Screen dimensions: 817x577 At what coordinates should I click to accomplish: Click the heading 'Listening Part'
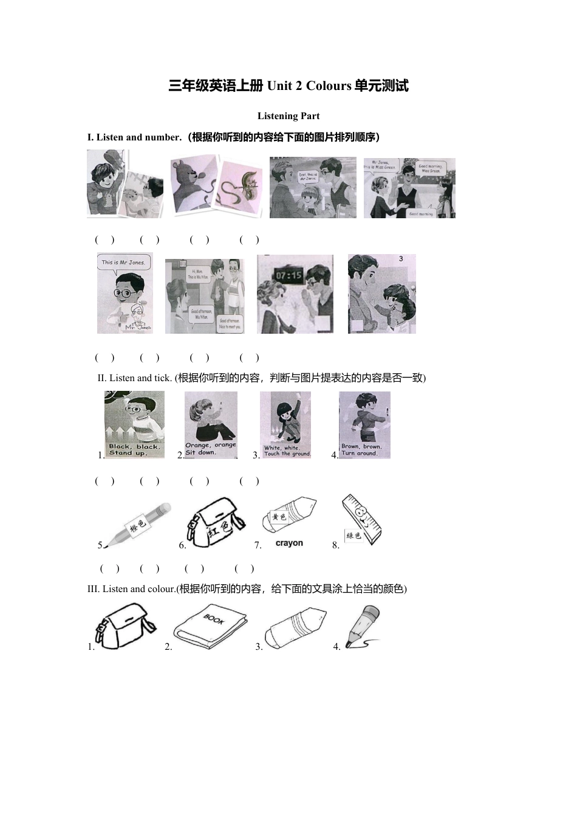288,116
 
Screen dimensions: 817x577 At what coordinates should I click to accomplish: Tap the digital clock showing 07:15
289,275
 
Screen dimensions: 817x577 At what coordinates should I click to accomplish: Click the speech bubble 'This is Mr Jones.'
123,263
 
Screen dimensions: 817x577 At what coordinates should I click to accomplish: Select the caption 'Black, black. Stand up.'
134,449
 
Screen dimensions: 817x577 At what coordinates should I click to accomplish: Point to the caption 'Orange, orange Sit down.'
210,449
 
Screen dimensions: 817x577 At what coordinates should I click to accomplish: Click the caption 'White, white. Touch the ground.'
287,451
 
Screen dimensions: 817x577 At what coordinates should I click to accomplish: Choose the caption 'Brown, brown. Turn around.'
363,450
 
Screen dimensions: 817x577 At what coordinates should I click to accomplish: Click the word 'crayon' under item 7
289,543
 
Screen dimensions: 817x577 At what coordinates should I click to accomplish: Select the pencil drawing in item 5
135,524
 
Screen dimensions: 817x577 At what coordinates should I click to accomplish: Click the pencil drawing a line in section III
363,626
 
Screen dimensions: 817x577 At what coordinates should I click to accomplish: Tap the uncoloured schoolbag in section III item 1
126,626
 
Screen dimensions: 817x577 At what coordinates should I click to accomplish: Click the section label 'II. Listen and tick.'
134,378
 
